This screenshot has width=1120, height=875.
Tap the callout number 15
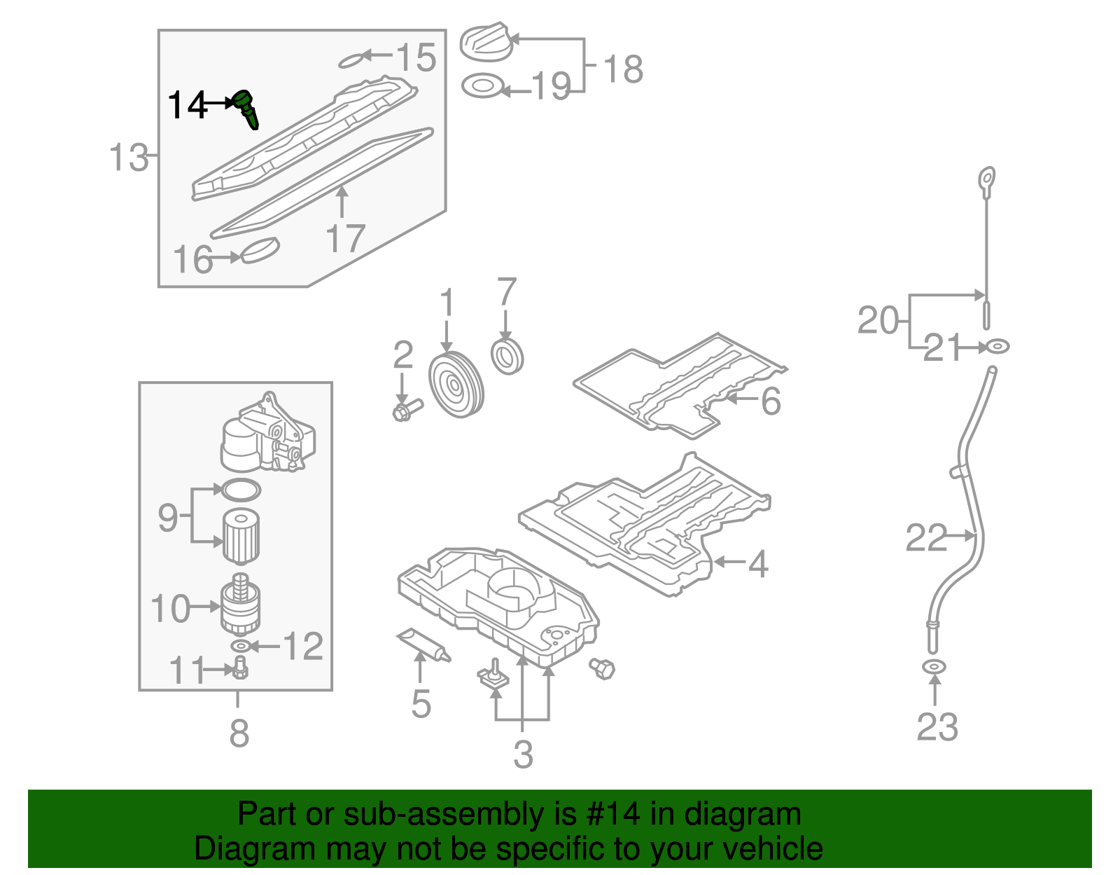pos(416,57)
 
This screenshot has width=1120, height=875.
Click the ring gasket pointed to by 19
pos(482,87)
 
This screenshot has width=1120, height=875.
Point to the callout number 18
pos(622,69)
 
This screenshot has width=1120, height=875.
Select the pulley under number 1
pos(456,386)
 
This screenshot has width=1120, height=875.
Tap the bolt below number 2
pos(407,408)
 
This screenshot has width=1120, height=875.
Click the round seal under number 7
pos(507,357)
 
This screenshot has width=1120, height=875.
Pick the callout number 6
pos(770,401)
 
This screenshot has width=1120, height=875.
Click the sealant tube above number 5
pos(423,644)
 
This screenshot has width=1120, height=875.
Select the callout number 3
pos(523,754)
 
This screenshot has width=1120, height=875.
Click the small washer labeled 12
pos(240,645)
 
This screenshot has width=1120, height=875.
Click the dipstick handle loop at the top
pos(987,178)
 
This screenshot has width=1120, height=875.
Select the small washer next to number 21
pos(997,346)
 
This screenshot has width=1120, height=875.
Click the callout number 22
pos(925,538)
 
